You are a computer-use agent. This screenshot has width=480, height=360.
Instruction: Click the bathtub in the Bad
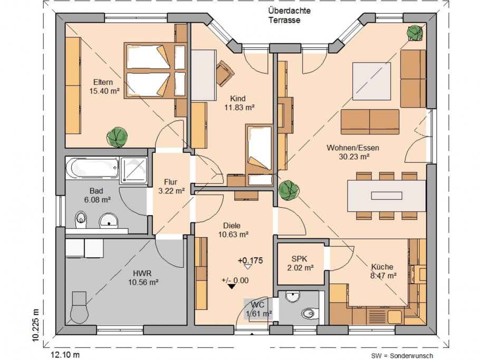pyautogui.click(x=92, y=168)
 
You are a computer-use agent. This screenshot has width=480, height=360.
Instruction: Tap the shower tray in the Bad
pyautogui.click(x=133, y=170)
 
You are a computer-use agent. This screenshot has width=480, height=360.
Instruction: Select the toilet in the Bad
pyautogui.click(x=81, y=219)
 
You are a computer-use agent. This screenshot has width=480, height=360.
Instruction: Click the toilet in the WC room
pyautogui.click(x=310, y=313)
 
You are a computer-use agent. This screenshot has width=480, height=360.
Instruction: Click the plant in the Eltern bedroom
pyautogui.click(x=117, y=138)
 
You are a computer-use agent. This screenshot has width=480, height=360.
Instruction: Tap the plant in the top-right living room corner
pyautogui.click(x=415, y=32)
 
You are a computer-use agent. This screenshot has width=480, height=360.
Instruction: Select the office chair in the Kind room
pyautogui.click(x=225, y=73)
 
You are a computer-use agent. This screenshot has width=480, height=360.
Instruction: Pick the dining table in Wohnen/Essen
pyautogui.click(x=386, y=196)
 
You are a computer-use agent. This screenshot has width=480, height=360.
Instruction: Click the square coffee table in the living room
pyautogui.click(x=372, y=81)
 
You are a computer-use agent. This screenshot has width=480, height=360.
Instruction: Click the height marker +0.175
pyautogui.click(x=251, y=260)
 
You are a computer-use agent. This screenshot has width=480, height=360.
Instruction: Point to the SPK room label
pyautogui.click(x=299, y=259)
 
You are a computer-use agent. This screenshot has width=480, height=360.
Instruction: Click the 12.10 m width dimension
pyautogui.click(x=65, y=355)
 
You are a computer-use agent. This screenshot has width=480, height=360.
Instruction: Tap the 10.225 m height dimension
pyautogui.click(x=36, y=325)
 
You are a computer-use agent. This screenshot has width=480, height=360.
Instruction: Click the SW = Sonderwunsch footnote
pyautogui.click(x=402, y=356)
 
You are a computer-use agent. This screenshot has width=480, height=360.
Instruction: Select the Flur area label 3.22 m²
pyautogui.click(x=171, y=191)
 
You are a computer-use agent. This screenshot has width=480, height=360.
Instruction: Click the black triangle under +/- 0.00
pyautogui.click(x=232, y=287)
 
